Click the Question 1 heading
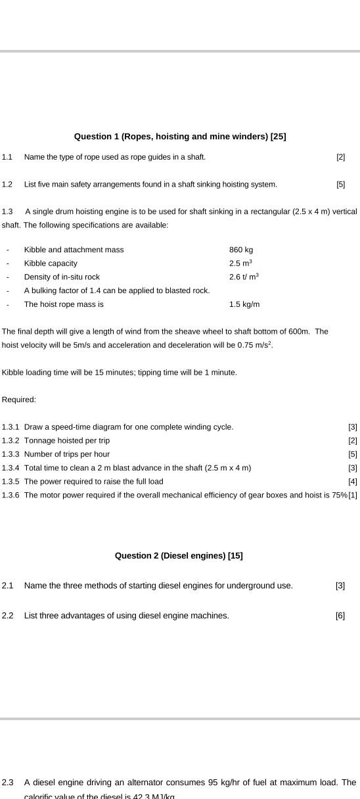pos(179,137)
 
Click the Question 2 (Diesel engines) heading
pos(179,556)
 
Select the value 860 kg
pos(241,250)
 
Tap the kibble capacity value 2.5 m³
pos(240,263)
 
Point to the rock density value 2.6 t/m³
pos(244,277)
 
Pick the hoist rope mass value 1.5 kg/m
pos(244,305)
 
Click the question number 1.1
pos(7,157)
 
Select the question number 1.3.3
pos(11,454)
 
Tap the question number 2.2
pos(8,616)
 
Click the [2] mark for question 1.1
pos(340,157)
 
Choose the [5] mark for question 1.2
pos(340,185)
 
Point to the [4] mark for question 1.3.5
pos(353,482)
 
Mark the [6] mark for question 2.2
pos(340,616)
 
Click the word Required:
pos(19,399)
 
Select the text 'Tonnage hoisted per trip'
pos(67,441)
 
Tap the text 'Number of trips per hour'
pos(67,454)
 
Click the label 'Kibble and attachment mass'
pos(74,250)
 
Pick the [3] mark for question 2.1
pos(340,585)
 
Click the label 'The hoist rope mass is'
pos(64,305)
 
